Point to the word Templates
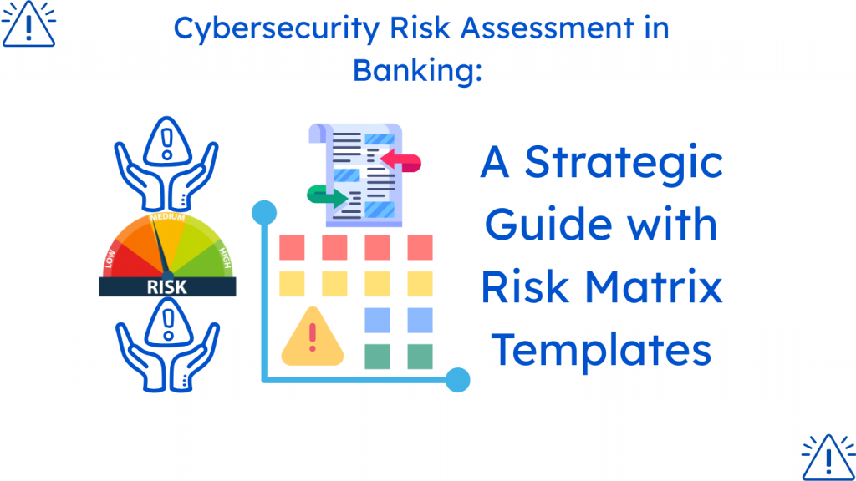(x=601, y=350)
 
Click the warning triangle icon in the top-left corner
(x=29, y=24)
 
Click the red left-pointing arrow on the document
(x=400, y=161)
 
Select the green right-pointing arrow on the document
(x=328, y=195)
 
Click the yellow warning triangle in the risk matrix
(x=313, y=337)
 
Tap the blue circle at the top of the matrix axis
(x=264, y=213)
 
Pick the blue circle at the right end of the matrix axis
(x=457, y=380)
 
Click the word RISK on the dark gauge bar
(x=167, y=287)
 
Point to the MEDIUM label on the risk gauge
(x=167, y=218)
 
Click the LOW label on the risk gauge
(x=110, y=259)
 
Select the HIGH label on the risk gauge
(x=225, y=257)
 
